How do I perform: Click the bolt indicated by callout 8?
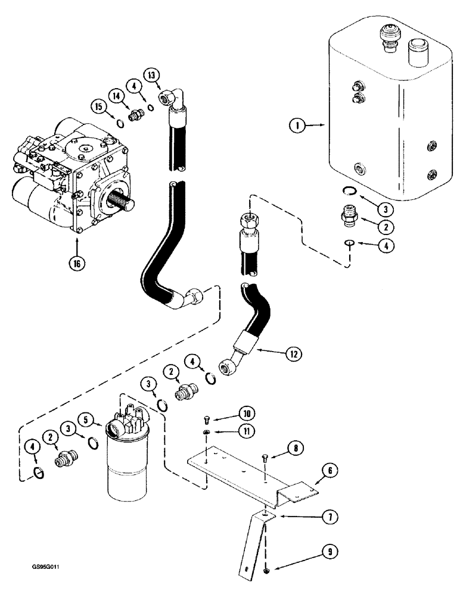(x=265, y=457)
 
